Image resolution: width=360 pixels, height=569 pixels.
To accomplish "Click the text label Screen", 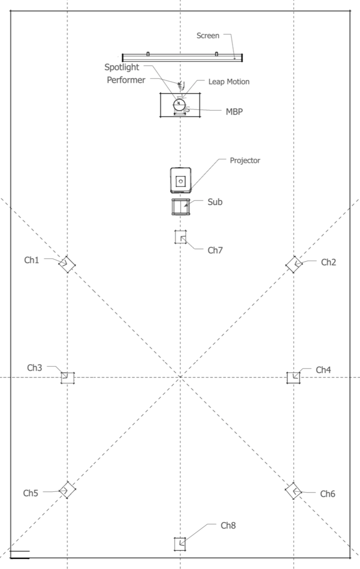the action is click(x=208, y=36).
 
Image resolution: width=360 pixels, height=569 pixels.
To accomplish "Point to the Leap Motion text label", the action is click(x=229, y=82).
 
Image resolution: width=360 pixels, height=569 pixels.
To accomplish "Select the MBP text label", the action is click(x=234, y=111).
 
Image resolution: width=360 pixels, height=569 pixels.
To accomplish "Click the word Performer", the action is click(x=126, y=80).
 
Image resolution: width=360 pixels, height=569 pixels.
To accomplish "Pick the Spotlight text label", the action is click(x=122, y=67).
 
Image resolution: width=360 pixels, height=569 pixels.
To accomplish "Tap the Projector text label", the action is click(x=245, y=161).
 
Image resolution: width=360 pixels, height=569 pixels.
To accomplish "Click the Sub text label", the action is click(x=215, y=202).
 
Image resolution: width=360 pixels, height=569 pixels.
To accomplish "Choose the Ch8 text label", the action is click(x=228, y=525).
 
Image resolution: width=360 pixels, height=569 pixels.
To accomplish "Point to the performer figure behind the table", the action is click(x=181, y=85).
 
